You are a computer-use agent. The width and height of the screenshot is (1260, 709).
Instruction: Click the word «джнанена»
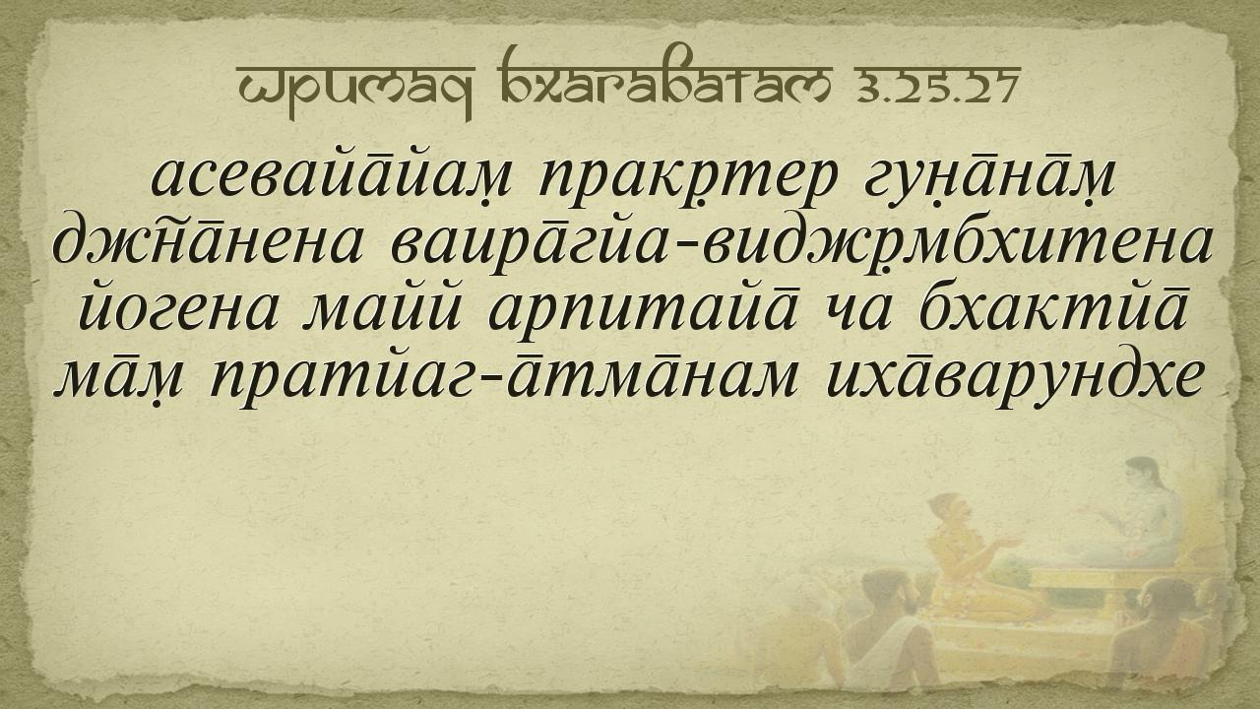(x=207, y=245)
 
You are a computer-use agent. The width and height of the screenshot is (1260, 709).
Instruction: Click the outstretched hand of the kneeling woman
(x=1008, y=542)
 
